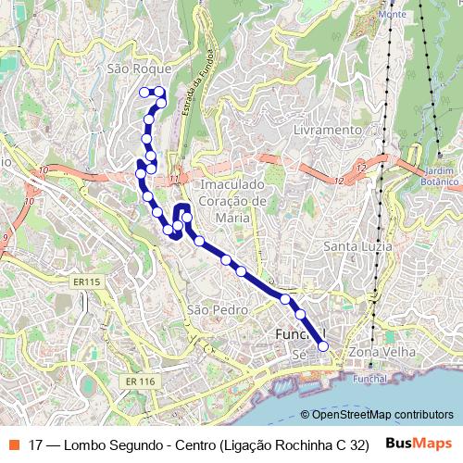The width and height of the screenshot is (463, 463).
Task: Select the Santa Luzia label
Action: click(x=357, y=246)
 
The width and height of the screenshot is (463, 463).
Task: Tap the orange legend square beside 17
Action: click(x=12, y=444)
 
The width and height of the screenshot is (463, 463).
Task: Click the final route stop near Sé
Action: click(x=323, y=346)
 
